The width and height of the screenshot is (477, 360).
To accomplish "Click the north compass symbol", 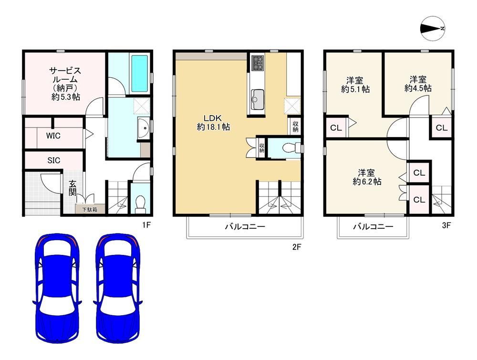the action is pos(433,29).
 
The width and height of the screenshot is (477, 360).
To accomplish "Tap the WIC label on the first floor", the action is pos(53,136).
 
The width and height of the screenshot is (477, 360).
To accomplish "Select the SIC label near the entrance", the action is pos(53,160).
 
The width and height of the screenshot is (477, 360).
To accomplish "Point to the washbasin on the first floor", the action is pos(143,128).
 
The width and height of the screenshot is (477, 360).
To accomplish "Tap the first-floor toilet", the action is pos(140,204).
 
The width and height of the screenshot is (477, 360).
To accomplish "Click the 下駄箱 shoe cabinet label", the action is pos(90,210).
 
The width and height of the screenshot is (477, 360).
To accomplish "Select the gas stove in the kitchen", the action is pos(258,63).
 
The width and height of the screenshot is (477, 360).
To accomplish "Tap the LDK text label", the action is pos(213,118).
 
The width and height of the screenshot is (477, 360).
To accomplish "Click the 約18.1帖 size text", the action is pos(213,127).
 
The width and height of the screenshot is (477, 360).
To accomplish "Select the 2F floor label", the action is pos(297,247).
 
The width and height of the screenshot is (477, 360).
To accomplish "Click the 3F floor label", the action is pos(446,225).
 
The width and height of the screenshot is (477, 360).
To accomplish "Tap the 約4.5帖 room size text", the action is pos(418,88).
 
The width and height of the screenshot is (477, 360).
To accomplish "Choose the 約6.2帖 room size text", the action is pos(367,182).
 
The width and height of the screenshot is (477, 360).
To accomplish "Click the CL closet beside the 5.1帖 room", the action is pos(336,128).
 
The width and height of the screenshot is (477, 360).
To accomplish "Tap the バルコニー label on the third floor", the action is pos(373,227).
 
